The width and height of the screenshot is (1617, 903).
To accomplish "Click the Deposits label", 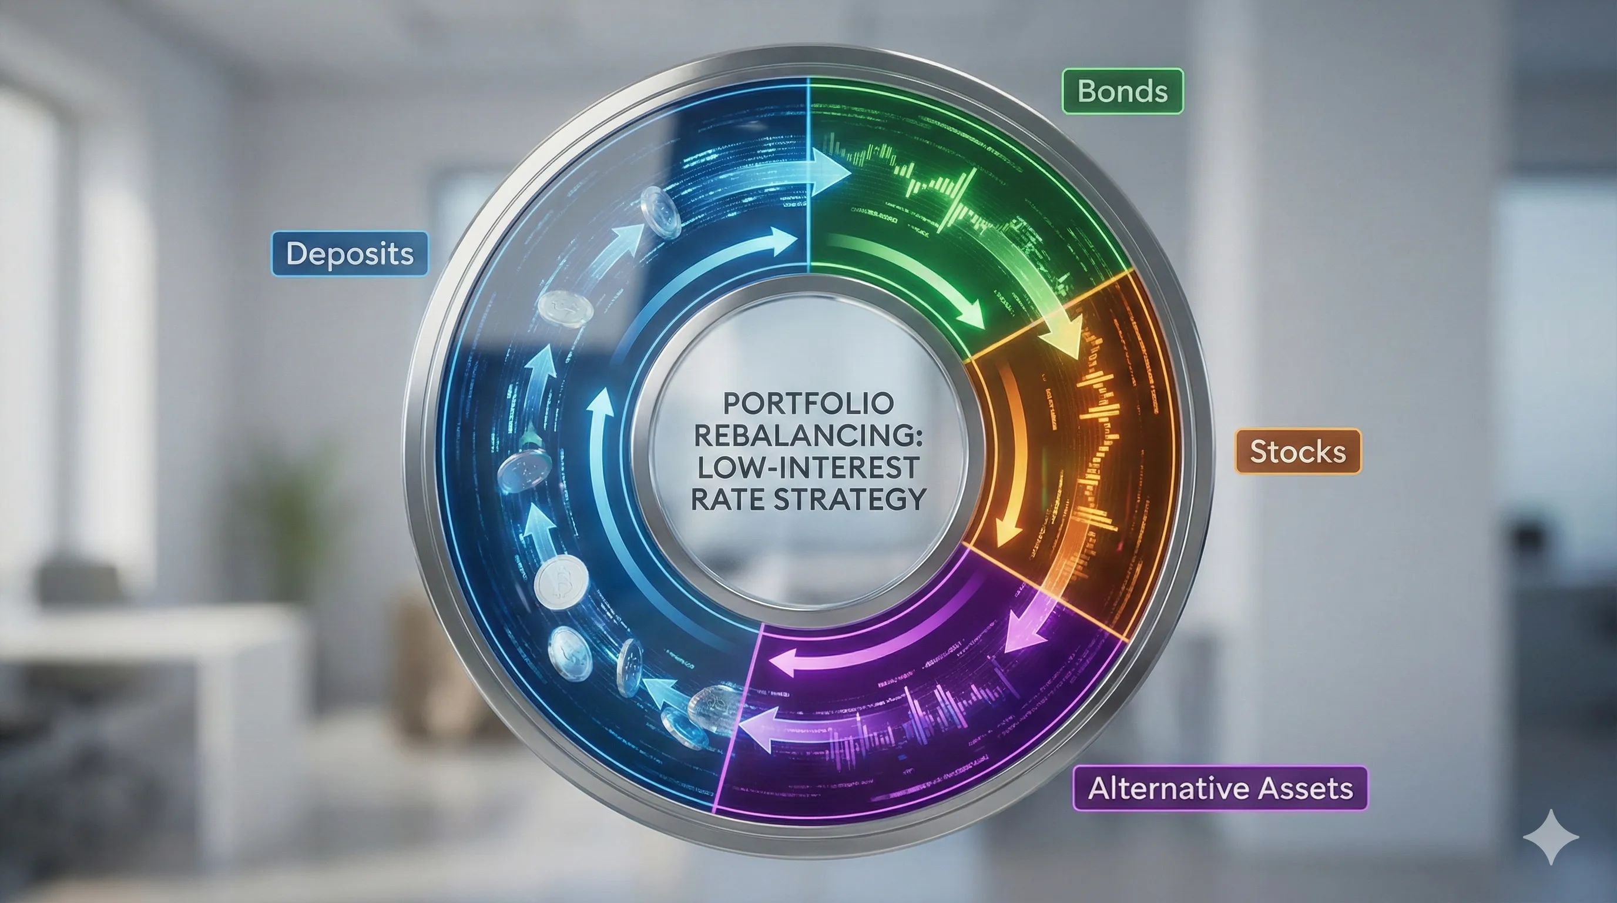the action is click(350, 254).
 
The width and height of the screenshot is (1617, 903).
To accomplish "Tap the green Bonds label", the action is click(1122, 92).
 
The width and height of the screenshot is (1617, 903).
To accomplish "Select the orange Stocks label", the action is click(1297, 451).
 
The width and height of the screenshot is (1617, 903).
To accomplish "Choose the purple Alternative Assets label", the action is click(1220, 788).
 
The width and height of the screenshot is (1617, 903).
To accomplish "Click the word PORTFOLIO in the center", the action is click(808, 404).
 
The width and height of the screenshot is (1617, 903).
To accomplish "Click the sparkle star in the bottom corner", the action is click(1551, 837).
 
